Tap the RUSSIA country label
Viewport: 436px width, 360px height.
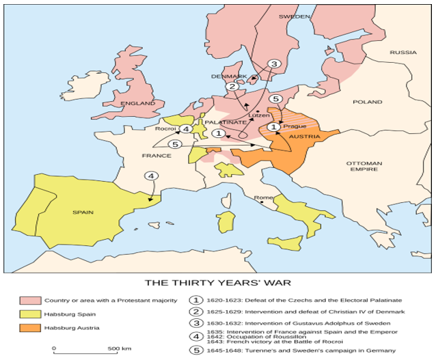coord(403,53)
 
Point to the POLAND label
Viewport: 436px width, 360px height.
coord(368,102)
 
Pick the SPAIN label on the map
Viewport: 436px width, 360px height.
coord(82,212)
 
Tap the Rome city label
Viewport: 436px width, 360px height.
coord(263,198)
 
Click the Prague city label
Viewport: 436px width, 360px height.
coord(294,126)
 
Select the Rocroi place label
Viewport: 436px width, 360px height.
coord(166,128)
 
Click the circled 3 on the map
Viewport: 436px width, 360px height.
coord(274,64)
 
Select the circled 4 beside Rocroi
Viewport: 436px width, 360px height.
coord(186,129)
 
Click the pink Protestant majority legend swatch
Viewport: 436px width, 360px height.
coord(29,300)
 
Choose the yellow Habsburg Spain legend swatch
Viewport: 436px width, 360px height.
coord(29,314)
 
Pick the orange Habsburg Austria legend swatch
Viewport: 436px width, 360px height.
coord(29,329)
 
